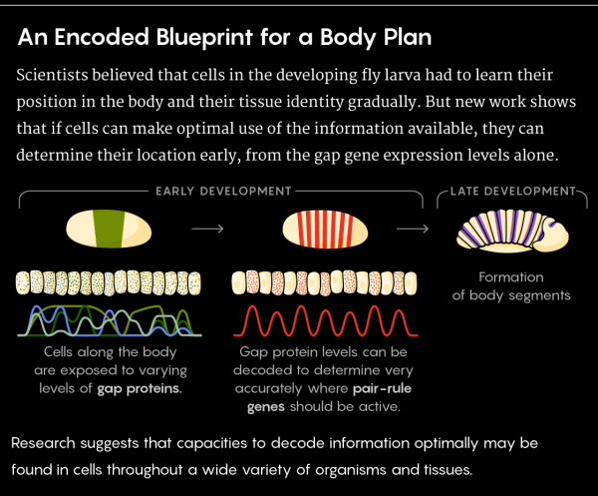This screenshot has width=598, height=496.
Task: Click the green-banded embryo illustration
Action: coord(111,230)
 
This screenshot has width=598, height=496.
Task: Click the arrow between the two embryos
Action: coord(207,229)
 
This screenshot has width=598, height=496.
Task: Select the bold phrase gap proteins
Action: coord(140,387)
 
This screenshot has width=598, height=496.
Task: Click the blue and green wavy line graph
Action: coord(109,321)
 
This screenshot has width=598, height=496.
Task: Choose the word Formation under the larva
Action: coord(510,276)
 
